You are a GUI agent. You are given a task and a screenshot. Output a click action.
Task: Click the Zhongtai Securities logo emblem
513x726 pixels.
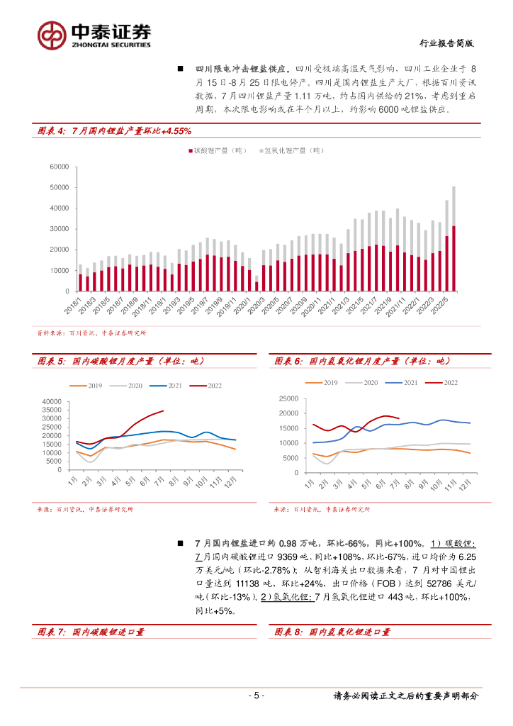point(52,33)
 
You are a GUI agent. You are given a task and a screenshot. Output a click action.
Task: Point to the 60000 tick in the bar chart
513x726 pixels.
point(58,167)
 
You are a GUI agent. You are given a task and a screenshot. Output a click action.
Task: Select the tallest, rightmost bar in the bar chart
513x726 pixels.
point(453,238)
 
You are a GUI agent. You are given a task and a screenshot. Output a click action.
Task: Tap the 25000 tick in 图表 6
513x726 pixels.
point(291,398)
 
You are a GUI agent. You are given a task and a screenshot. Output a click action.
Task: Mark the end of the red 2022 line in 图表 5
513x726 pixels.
point(163,411)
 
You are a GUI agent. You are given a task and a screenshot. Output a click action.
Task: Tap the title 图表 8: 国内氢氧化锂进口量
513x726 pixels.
point(332,632)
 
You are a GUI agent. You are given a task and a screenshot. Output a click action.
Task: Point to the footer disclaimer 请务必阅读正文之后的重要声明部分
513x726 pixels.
point(405,696)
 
